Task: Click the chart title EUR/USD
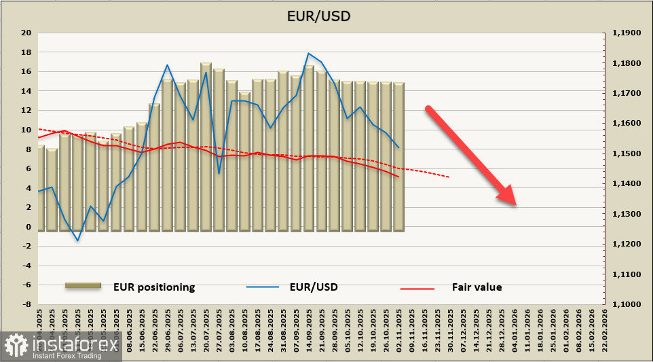tap(327, 16)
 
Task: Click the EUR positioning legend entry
tap(154, 287)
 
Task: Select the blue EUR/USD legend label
tap(313, 287)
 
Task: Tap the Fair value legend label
tap(477, 287)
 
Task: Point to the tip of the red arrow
tap(517, 204)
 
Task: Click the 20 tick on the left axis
tap(26, 33)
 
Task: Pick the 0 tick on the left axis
tap(29, 227)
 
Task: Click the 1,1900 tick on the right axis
tap(627, 33)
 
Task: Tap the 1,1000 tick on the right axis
tap(627, 305)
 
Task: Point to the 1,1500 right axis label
tap(627, 153)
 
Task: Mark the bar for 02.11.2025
tap(398, 156)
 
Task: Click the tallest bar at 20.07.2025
tap(206, 146)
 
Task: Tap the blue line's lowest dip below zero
tap(78, 240)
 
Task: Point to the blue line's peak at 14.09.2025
tap(309, 53)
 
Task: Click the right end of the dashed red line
tap(449, 177)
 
